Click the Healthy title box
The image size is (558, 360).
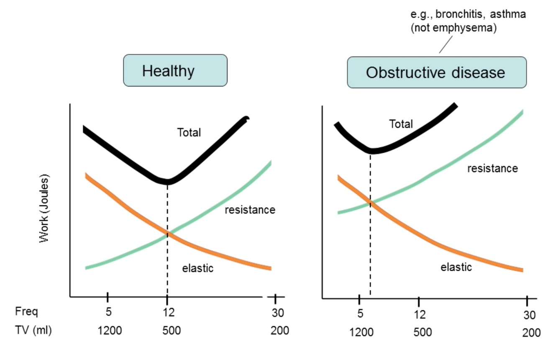175,70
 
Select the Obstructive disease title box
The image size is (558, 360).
436,72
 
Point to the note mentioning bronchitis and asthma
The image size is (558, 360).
468,22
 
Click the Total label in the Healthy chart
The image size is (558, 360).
189,133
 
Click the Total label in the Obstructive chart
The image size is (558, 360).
401,124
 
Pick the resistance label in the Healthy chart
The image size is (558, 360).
250,210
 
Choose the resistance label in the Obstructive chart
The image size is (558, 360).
492,168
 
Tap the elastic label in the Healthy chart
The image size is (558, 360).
197,268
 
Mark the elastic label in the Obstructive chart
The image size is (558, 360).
456,267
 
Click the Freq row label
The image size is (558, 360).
26,312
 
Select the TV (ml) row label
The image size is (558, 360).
33,330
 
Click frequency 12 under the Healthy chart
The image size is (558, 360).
168,312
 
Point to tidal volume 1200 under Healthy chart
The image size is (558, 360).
110,331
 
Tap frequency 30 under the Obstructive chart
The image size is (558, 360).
529,315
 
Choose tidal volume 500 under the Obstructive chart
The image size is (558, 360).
422,333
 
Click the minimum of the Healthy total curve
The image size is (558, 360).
168,182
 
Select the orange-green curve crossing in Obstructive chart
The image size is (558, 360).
371,203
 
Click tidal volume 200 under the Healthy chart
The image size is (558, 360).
279,331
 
